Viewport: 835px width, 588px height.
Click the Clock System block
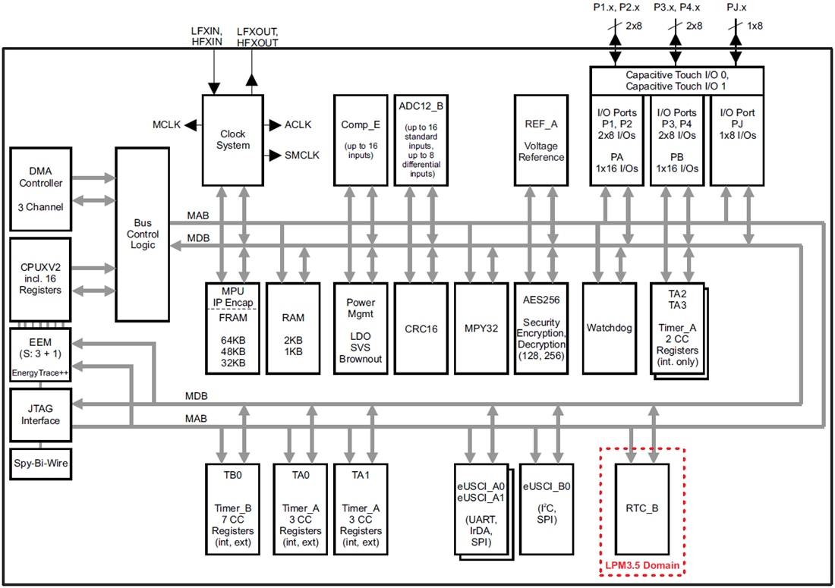click(x=233, y=140)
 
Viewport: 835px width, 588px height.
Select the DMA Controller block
click(x=46, y=190)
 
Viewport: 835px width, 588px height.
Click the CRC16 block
click(x=421, y=329)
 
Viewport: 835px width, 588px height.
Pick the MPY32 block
click(x=481, y=329)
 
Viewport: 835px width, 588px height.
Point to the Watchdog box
click(x=609, y=329)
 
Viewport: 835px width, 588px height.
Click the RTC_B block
click(x=641, y=508)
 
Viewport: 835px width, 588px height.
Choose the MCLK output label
click(x=166, y=124)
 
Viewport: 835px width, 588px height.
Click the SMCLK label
click(x=302, y=155)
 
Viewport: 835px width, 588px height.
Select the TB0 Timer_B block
click(x=233, y=508)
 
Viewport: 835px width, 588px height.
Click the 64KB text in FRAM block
click(x=232, y=340)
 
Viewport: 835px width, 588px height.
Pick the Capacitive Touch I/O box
click(x=676, y=80)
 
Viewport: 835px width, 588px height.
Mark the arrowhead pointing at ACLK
click(x=272, y=124)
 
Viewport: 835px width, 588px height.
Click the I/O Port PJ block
click(x=736, y=140)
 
